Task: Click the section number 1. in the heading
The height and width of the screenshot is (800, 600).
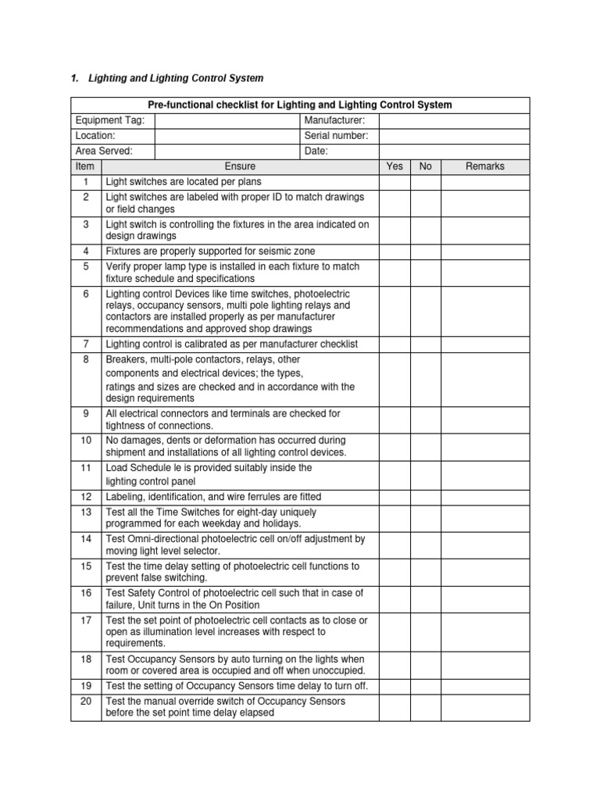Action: pyautogui.click(x=75, y=78)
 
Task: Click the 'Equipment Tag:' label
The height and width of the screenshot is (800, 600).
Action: pyautogui.click(x=105, y=120)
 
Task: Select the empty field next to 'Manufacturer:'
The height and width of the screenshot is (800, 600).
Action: pyautogui.click(x=454, y=120)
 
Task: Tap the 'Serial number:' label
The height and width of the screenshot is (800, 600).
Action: pyautogui.click(x=336, y=136)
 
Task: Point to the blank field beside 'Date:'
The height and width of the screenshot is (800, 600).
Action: pyautogui.click(x=454, y=152)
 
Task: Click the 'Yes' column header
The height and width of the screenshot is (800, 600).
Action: pyautogui.click(x=395, y=166)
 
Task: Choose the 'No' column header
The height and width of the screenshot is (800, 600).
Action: pyautogui.click(x=426, y=166)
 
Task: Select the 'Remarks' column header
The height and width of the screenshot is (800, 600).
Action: pyautogui.click(x=485, y=166)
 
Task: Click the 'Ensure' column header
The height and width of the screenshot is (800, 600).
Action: pyautogui.click(x=240, y=166)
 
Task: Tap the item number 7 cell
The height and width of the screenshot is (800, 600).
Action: pyautogui.click(x=86, y=345)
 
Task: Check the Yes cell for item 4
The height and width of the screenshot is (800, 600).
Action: pyautogui.click(x=395, y=252)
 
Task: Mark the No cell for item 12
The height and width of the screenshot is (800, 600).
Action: pyautogui.click(x=426, y=497)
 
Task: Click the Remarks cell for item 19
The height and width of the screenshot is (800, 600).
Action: pyautogui.click(x=485, y=686)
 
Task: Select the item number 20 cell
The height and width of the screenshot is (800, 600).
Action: pyautogui.click(x=86, y=707)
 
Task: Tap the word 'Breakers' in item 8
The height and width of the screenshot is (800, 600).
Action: pyautogui.click(x=125, y=359)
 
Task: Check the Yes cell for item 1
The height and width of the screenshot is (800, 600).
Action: pyautogui.click(x=395, y=182)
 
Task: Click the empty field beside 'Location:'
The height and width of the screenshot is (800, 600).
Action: pyautogui.click(x=227, y=136)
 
